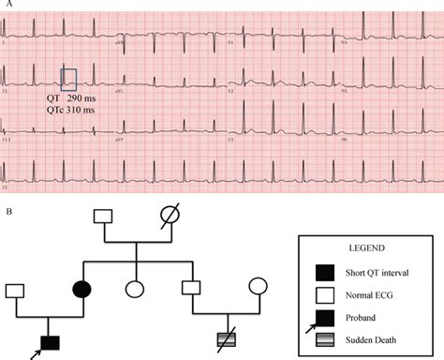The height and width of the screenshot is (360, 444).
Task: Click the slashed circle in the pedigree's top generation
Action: click(169, 216)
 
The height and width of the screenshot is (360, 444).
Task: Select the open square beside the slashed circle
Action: click(104, 216)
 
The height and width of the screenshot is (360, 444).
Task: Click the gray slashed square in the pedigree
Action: click(225, 340)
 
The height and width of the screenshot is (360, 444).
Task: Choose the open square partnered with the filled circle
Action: click(15, 288)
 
